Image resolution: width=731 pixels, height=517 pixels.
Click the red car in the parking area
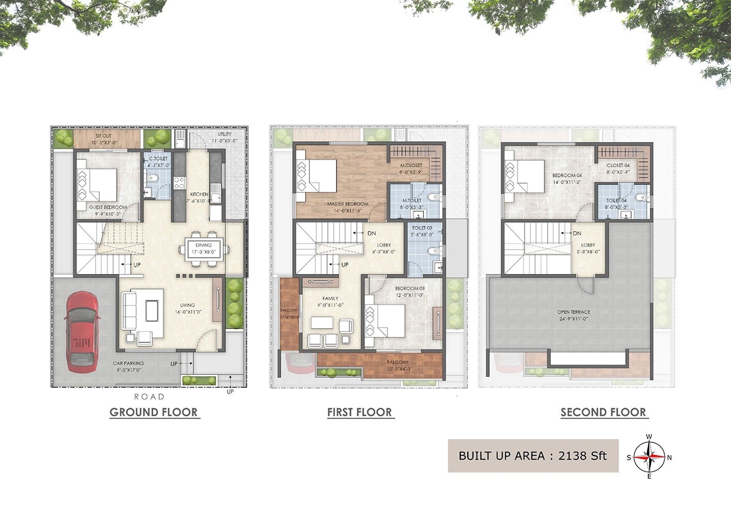(82, 331)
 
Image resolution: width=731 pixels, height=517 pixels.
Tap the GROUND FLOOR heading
(154, 412)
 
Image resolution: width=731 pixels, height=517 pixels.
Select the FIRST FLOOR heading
(359, 412)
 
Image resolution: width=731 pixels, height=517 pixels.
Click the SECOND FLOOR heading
(603, 412)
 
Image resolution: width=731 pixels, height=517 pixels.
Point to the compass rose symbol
(649, 457)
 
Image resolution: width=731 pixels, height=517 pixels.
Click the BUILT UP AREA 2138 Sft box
(532, 455)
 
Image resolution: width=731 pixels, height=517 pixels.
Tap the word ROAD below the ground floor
(149, 397)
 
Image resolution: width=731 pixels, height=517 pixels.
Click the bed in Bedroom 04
(525, 176)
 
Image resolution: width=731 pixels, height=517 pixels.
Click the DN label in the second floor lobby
(577, 234)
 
